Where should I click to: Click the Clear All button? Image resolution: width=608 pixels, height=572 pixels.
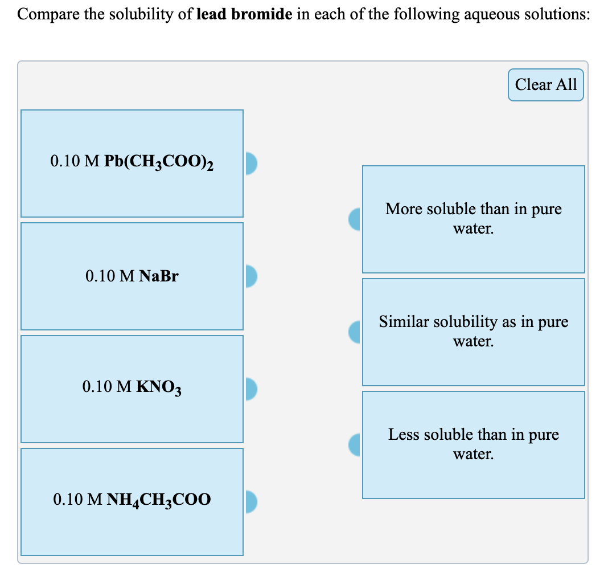coord(545,85)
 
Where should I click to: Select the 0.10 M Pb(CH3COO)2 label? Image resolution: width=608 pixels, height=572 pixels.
coord(132,162)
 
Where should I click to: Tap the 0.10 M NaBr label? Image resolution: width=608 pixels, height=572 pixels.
coord(132,276)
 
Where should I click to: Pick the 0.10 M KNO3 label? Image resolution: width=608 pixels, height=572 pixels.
coord(132,389)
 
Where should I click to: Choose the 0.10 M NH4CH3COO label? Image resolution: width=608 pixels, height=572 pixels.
coord(132,501)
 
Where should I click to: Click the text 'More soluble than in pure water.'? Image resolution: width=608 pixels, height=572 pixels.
coord(473,219)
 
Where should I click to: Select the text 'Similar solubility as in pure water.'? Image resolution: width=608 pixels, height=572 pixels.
coord(473,332)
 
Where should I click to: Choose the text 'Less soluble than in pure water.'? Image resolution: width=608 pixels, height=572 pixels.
coord(473,444)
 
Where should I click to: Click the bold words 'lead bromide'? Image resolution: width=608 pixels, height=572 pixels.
coord(245,14)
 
